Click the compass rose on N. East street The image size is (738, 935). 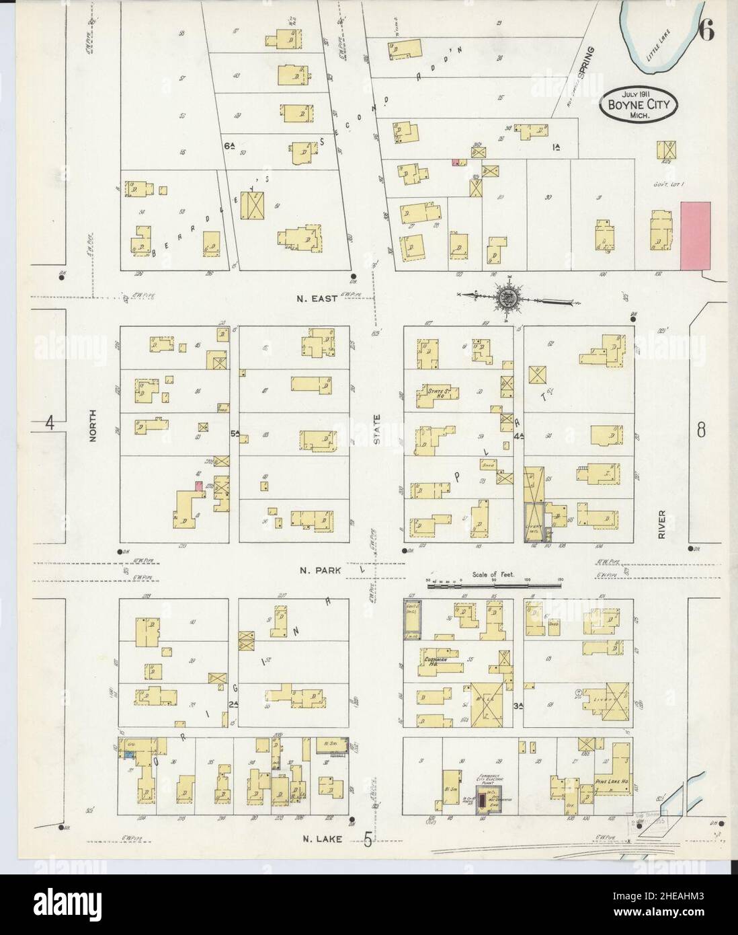pos(508,297)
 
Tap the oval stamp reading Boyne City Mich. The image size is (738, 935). pos(639,105)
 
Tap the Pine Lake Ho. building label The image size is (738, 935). pos(610,783)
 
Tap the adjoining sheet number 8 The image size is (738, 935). pos(701,430)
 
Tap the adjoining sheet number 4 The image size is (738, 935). pos(48,423)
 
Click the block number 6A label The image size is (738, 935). pos(229,145)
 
